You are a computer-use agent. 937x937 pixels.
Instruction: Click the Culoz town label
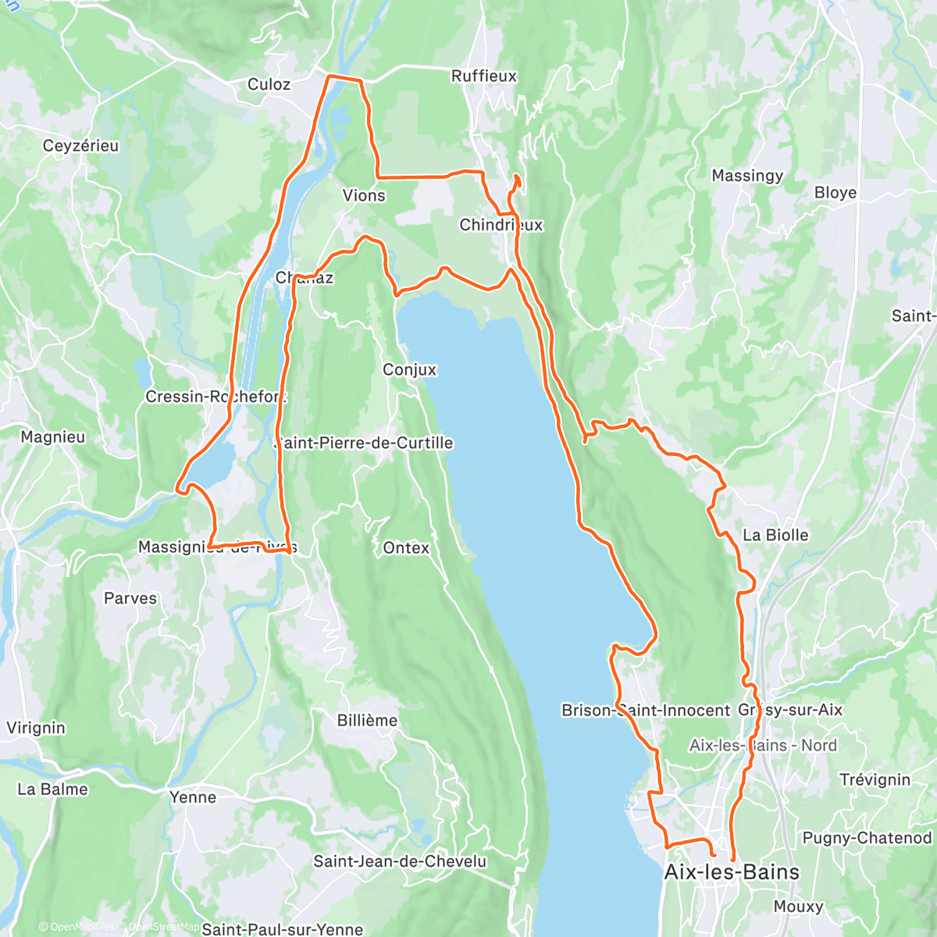point(269,84)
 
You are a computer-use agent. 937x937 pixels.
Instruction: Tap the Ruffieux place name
point(484,76)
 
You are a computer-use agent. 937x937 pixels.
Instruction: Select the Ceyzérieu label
point(80,146)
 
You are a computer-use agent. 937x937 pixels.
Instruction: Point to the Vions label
point(364,195)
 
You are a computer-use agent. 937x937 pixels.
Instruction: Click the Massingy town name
point(747,176)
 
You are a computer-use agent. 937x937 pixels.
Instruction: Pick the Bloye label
point(835,193)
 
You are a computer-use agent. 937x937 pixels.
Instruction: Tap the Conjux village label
point(409,370)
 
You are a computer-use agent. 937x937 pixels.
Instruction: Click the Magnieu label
point(53,437)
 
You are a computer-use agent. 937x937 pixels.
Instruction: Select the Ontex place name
point(406,548)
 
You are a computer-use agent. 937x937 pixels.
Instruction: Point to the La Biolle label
point(775,535)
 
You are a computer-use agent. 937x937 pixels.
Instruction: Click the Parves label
point(130,599)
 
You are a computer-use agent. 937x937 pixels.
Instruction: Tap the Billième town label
point(367,721)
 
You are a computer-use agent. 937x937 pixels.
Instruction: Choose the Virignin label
point(36,728)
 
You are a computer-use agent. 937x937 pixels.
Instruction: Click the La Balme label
point(52,789)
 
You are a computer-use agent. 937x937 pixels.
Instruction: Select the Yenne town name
point(193,797)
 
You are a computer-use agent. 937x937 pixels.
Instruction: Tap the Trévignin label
point(875,780)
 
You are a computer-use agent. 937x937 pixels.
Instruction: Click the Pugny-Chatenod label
point(867,838)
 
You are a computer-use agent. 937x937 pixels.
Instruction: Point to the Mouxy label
point(798,907)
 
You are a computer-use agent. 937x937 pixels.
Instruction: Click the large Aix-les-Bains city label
point(732,872)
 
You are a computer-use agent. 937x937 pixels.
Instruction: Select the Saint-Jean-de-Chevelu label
point(400,861)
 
